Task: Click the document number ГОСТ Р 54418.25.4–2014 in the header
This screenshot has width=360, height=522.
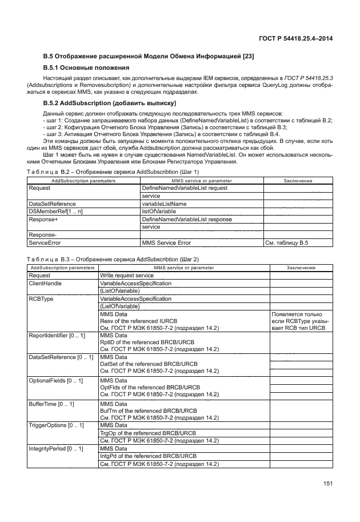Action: tap(296, 38)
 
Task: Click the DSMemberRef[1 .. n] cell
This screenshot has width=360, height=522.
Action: tap(51, 212)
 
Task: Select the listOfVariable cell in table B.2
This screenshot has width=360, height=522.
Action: tap(159, 212)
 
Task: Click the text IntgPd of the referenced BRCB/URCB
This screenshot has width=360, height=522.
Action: tap(148, 456)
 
